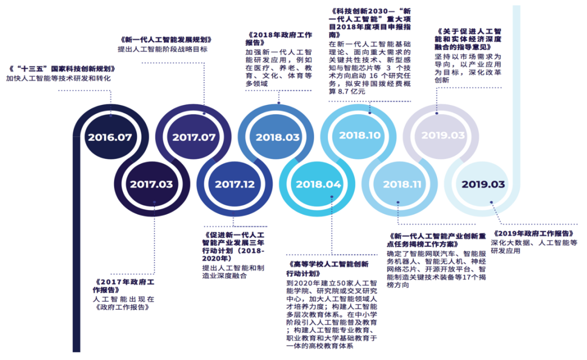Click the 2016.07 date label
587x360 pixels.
110,137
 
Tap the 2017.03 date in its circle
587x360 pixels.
151,184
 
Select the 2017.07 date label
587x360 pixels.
194,137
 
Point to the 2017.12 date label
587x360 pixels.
234,184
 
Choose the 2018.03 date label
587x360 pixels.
278,137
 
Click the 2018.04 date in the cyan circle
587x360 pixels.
319,184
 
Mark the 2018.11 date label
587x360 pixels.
402,184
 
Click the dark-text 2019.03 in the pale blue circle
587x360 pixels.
483,184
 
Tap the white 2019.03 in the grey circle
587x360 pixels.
443,135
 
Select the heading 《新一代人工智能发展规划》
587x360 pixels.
165,40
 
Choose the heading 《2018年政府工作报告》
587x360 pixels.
279,39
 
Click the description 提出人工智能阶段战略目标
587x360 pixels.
162,49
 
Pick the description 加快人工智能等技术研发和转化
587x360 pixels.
58,78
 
